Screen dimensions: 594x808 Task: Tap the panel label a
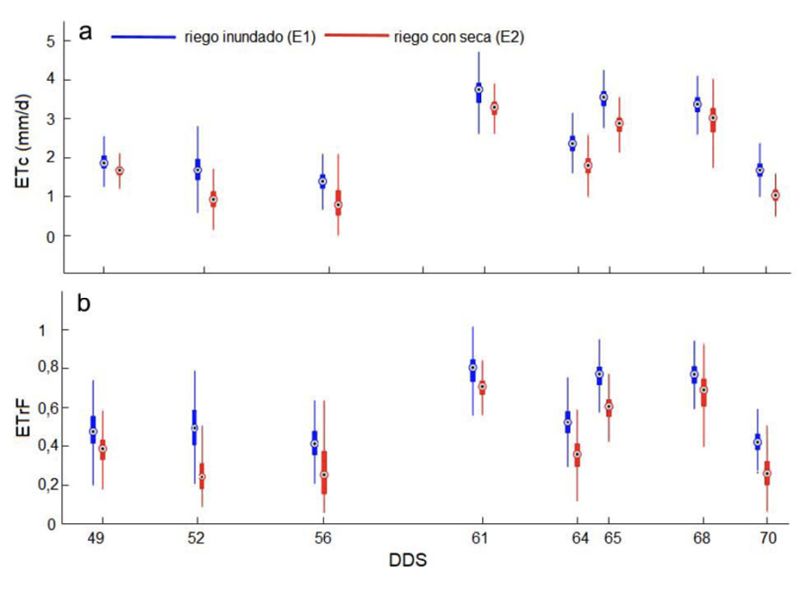(85, 33)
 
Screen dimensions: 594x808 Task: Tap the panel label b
(83, 303)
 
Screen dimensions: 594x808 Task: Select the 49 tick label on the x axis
(102, 538)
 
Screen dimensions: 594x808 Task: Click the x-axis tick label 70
(768, 538)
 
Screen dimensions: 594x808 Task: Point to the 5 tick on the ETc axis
(52, 41)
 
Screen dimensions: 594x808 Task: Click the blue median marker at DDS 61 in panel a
(479, 90)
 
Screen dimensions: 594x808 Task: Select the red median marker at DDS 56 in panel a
(338, 205)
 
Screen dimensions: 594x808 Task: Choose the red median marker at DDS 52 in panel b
(201, 476)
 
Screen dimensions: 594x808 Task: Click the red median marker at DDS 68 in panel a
(713, 118)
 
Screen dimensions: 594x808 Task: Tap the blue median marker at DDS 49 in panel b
(92, 432)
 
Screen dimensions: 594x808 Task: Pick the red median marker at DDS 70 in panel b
(767, 474)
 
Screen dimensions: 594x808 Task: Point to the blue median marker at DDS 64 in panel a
(572, 144)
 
